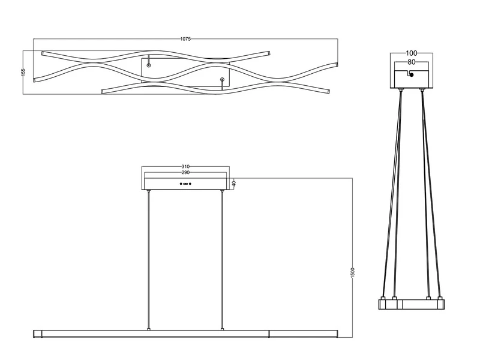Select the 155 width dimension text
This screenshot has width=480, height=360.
pos(23,71)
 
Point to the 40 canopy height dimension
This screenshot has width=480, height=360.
pos(233,184)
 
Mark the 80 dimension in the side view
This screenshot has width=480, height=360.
pos(412,61)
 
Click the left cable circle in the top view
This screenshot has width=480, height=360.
pos(149,64)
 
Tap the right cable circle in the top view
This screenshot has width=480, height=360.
pos(222,79)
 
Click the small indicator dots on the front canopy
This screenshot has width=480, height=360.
pos(186,183)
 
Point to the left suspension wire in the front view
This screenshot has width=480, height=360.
pos(149,258)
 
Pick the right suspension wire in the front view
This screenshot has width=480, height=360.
pos(222,258)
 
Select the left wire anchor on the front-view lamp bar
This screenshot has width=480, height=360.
pos(149,329)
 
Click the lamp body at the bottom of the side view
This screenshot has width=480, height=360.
pos(412,304)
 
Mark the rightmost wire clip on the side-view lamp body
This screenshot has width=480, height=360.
pos(440,298)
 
